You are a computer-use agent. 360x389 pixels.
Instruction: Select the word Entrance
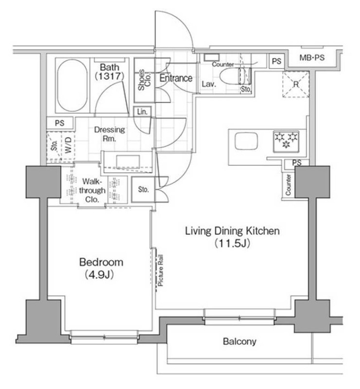pyautogui.click(x=176, y=78)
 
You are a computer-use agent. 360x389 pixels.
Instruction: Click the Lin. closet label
pyautogui.click(x=143, y=111)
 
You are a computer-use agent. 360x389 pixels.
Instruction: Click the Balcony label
pyautogui.click(x=239, y=342)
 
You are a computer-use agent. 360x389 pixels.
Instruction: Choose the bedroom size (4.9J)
pyautogui.click(x=101, y=275)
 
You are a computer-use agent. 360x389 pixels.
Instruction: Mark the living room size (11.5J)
pyautogui.click(x=232, y=244)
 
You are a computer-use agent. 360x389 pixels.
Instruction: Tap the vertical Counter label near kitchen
pyautogui.click(x=288, y=185)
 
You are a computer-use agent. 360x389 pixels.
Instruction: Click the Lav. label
pyautogui.click(x=209, y=84)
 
